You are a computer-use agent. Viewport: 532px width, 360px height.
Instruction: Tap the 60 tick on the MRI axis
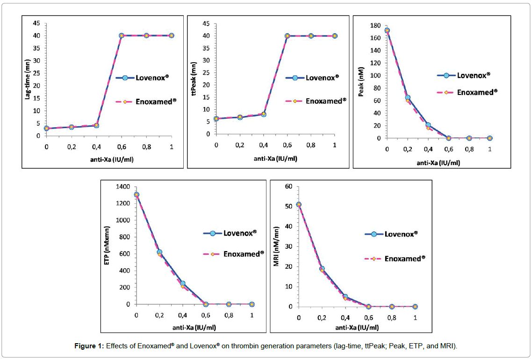point(289,187)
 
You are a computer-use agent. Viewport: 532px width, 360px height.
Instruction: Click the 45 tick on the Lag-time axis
point(36,23)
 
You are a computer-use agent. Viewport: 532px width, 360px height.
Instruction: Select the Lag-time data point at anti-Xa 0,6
point(122,36)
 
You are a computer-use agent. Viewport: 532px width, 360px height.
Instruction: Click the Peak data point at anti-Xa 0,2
point(408,98)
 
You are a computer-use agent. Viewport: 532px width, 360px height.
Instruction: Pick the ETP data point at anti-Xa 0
point(136,194)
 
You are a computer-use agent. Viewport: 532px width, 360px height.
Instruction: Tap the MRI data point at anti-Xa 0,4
point(345,297)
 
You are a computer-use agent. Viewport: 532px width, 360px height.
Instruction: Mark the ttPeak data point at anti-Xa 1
point(335,36)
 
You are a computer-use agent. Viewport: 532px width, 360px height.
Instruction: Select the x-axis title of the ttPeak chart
point(275,158)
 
